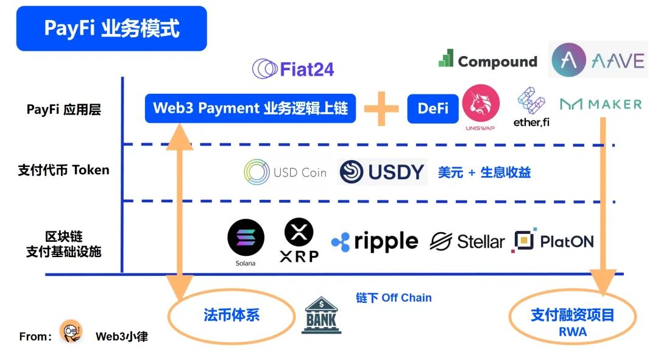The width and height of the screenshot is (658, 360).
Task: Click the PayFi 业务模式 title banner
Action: click(x=111, y=29)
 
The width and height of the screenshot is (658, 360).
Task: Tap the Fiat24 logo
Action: click(x=293, y=69)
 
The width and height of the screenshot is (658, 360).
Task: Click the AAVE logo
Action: click(x=598, y=60)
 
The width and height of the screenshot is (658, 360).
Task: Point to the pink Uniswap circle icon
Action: click(x=481, y=105)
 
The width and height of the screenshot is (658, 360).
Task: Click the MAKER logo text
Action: click(x=601, y=104)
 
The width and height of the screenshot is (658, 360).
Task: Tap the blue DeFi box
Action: click(x=433, y=108)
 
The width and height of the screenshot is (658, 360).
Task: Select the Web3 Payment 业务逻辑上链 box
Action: click(x=250, y=108)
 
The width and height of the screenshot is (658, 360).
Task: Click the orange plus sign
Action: click(x=381, y=108)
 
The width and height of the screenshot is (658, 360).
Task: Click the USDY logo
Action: click(x=382, y=172)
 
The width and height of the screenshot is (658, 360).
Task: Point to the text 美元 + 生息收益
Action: click(x=484, y=172)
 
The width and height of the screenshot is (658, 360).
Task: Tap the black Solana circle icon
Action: click(x=246, y=238)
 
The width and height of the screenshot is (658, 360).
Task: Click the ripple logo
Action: click(x=375, y=242)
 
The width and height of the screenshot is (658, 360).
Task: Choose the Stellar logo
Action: click(x=467, y=242)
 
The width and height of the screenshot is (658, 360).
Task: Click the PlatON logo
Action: click(x=553, y=241)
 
